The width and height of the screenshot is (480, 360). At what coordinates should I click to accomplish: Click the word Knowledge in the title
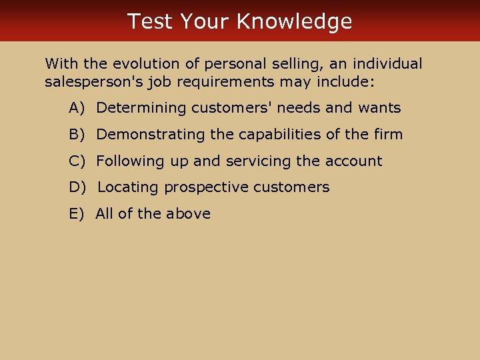click(294, 21)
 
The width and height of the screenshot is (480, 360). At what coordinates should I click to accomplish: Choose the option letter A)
click(77, 108)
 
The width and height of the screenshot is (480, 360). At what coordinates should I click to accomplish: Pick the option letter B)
click(77, 135)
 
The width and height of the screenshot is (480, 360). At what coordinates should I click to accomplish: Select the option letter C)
click(77, 161)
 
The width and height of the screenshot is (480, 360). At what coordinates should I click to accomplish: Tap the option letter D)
click(78, 187)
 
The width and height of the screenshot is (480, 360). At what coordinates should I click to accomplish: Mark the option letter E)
click(77, 214)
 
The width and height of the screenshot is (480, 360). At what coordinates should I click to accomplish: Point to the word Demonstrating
click(151, 135)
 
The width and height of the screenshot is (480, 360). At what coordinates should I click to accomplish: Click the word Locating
click(129, 187)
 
